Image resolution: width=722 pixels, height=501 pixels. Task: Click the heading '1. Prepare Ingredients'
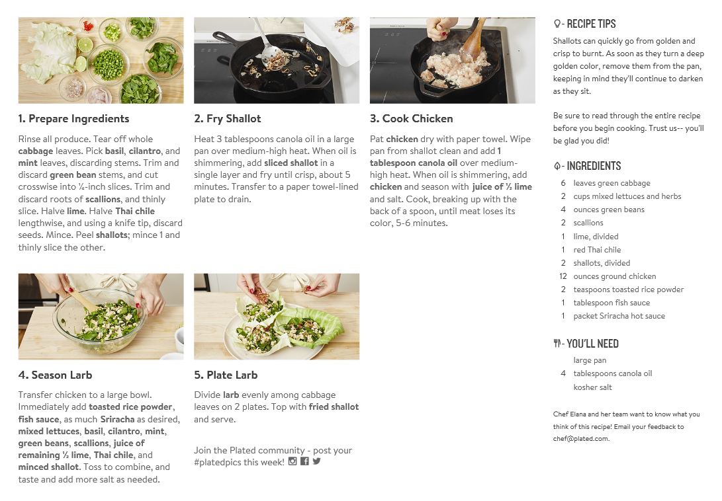pos(73,119)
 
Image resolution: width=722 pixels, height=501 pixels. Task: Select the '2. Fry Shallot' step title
pos(228,119)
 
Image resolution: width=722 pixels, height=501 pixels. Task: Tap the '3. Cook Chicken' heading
pos(411,119)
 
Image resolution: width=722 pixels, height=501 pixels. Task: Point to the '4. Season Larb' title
pos(55,375)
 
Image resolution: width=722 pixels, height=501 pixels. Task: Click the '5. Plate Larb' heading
pos(226,375)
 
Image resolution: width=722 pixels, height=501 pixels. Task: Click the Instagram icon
pos(293,461)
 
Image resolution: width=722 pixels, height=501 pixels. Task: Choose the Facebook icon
pos(304,461)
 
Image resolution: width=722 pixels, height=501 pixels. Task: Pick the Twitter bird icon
pos(316,461)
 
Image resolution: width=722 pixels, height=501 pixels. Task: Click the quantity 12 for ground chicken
pos(563,276)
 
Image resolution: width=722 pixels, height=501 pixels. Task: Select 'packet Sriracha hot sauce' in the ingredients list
pos(619,316)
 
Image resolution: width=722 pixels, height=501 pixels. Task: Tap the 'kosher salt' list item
pos(592,387)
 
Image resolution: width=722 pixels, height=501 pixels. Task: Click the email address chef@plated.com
pos(580,438)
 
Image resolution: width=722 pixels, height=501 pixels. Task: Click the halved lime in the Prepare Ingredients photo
pos(85,45)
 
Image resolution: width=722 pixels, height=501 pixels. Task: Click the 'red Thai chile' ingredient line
pos(597,250)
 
